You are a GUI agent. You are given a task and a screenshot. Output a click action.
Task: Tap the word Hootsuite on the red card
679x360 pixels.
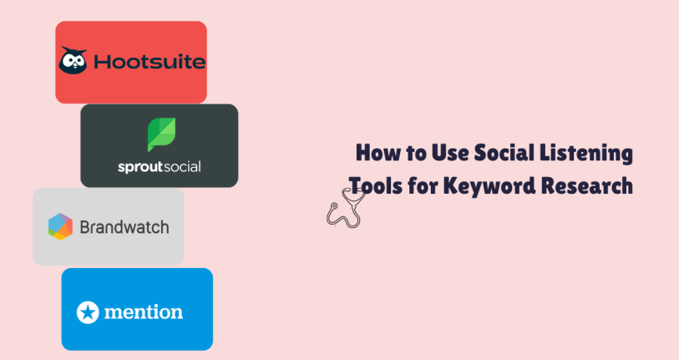click(149, 62)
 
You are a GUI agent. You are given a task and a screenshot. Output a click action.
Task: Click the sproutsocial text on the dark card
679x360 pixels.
click(160, 166)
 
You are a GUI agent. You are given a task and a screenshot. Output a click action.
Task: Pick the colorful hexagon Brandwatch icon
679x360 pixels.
click(60, 226)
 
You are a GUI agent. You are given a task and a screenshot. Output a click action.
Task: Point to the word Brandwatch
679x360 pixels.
click(124, 226)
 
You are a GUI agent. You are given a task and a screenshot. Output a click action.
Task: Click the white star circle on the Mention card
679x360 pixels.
click(87, 312)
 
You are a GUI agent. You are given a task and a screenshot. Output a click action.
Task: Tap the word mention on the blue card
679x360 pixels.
click(143, 312)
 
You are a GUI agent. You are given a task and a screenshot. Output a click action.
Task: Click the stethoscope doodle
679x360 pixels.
click(343, 209)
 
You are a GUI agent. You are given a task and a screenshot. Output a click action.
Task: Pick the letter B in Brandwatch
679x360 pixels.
click(85, 226)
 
